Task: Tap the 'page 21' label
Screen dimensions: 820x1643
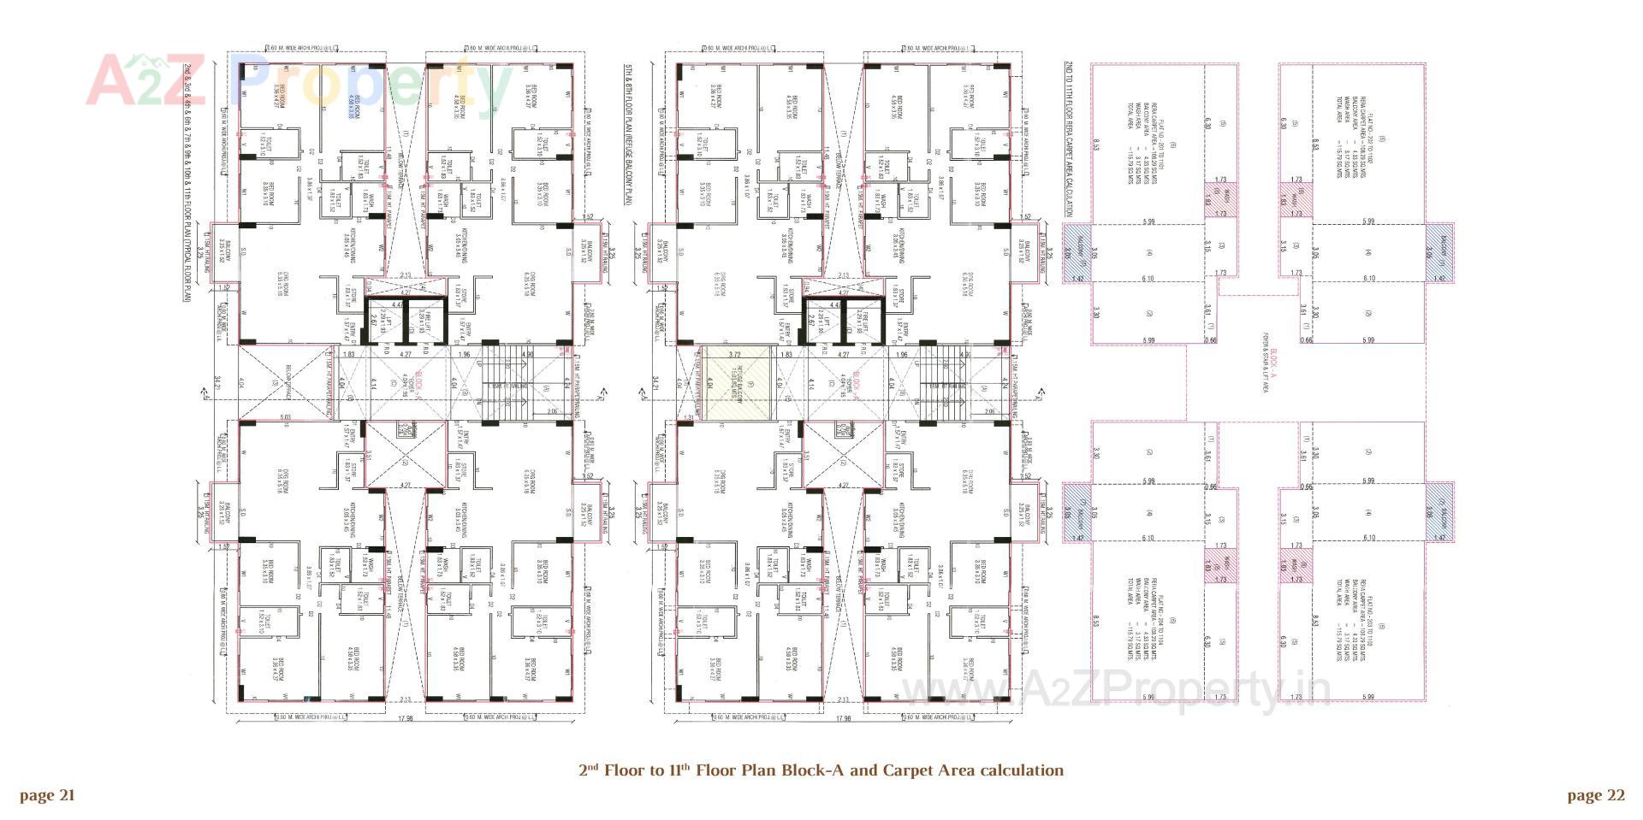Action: [x=48, y=796]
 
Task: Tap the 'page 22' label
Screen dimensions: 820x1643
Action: [x=1596, y=796]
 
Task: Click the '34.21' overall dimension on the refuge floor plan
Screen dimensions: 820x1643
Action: [x=654, y=385]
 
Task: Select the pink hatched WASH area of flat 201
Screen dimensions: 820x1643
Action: [x=1220, y=202]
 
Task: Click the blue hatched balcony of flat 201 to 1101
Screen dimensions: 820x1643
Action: [x=1078, y=253]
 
